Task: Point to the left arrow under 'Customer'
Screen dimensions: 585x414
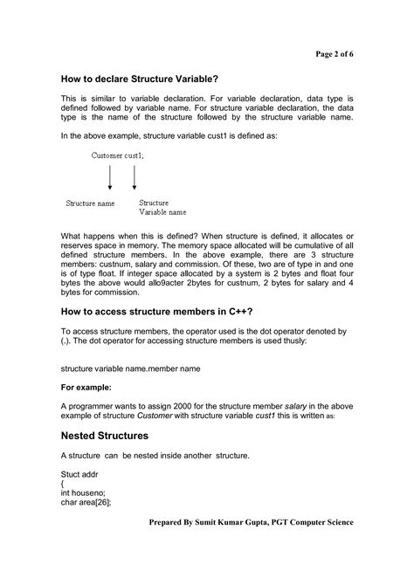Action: click(x=110, y=177)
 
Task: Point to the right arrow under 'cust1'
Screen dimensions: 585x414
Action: click(x=135, y=177)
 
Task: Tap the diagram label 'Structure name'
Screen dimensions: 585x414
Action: click(x=90, y=203)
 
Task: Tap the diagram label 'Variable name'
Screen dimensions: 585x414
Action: click(x=162, y=211)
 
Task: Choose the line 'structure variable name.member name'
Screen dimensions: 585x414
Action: click(x=130, y=368)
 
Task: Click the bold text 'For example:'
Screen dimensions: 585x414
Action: click(x=85, y=387)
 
